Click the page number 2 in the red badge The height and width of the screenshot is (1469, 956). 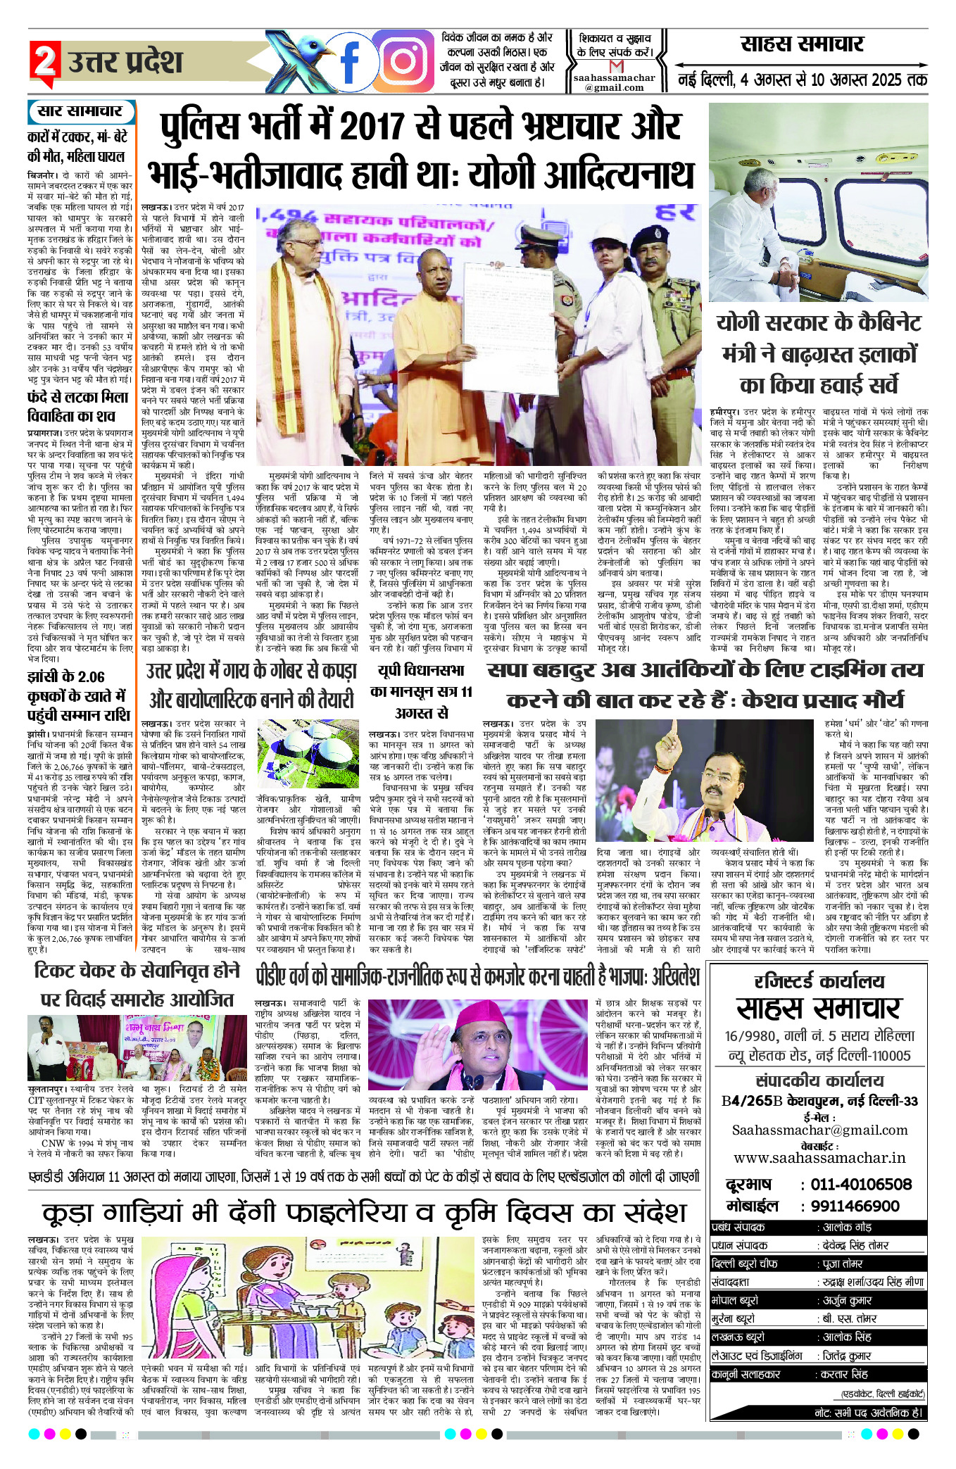coord(44,61)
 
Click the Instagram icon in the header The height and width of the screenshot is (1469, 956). coord(403,62)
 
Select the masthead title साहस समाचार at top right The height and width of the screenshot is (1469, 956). coord(802,44)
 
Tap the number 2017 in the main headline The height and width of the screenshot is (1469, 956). coord(383,127)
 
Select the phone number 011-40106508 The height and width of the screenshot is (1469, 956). coord(860,1185)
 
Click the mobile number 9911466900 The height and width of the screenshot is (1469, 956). coord(855,1206)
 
